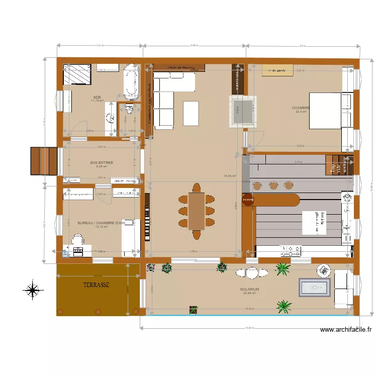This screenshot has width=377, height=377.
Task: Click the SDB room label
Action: [x=97, y=97]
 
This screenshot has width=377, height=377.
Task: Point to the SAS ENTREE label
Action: [x=101, y=163]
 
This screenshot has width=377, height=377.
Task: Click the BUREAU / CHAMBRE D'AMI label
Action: [x=101, y=223]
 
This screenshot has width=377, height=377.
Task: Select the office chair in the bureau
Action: [x=78, y=240]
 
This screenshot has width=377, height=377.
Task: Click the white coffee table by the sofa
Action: [x=190, y=113]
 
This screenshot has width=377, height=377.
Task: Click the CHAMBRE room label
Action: [x=301, y=108]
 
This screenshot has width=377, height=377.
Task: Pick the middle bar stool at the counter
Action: [x=273, y=185]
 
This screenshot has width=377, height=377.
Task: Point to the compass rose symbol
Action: [x=32, y=290]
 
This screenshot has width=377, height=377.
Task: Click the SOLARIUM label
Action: [x=249, y=290]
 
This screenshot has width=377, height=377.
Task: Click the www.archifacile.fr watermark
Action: [x=345, y=330]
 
